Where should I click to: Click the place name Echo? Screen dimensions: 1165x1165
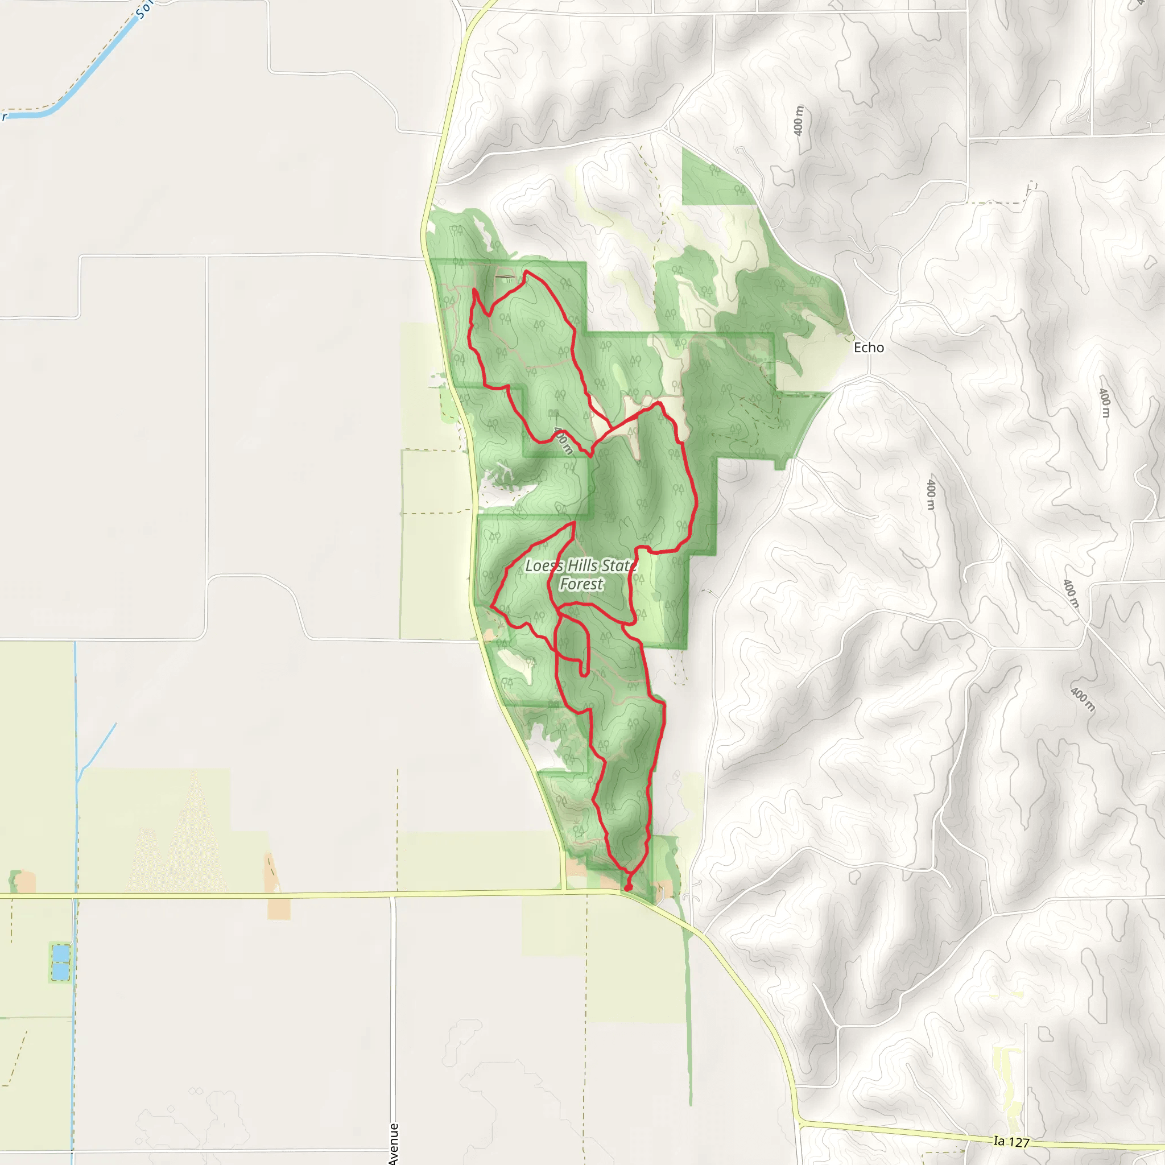868,348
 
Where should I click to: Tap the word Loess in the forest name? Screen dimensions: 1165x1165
544,565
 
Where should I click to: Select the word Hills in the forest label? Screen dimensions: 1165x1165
583,565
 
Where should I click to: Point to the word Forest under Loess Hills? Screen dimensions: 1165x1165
581,584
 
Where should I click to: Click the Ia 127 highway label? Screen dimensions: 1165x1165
1011,1141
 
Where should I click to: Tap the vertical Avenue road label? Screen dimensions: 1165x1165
394,1143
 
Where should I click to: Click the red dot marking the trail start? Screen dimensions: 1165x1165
628,887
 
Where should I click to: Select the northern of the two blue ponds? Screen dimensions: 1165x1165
60,953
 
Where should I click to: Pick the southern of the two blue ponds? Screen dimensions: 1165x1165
60,972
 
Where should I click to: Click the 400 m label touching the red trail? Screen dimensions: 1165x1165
563,440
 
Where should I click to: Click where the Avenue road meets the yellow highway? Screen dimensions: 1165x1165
393,896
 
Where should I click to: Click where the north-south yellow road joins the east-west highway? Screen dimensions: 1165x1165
564,891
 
